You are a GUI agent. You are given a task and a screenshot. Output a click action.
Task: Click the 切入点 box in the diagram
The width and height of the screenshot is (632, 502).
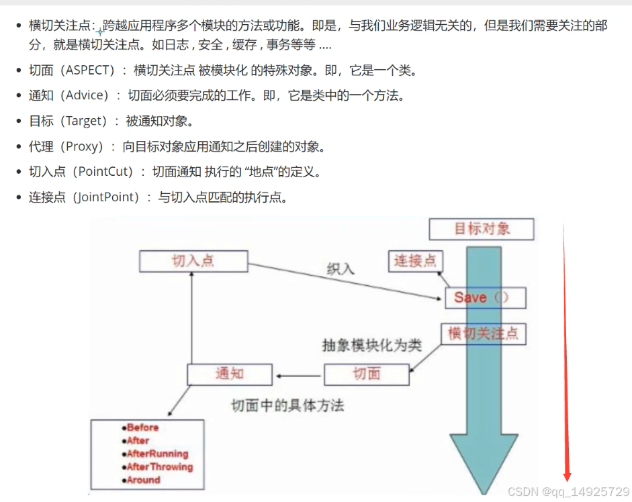[193, 260]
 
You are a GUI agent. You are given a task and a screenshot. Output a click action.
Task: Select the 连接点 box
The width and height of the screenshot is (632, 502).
[415, 260]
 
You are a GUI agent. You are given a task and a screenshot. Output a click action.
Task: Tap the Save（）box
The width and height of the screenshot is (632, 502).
[485, 297]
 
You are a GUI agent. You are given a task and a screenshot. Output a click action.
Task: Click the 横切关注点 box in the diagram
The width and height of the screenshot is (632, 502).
[484, 334]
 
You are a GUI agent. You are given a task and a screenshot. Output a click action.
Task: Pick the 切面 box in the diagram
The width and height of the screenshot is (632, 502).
[367, 374]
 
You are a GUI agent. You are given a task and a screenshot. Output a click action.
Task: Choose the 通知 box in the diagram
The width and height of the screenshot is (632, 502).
[230, 374]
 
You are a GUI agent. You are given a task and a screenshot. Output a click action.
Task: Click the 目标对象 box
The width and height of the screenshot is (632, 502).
[482, 228]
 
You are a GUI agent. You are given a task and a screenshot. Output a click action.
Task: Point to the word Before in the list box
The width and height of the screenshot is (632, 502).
[142, 428]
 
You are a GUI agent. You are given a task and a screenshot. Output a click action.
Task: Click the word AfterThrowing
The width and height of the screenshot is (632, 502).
[160, 467]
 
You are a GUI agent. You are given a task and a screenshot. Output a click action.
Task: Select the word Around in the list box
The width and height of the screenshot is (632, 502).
[144, 480]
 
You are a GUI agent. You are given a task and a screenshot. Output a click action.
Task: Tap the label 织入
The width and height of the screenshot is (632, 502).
[340, 269]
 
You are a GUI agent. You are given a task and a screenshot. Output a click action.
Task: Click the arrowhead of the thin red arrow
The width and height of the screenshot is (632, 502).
[568, 476]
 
